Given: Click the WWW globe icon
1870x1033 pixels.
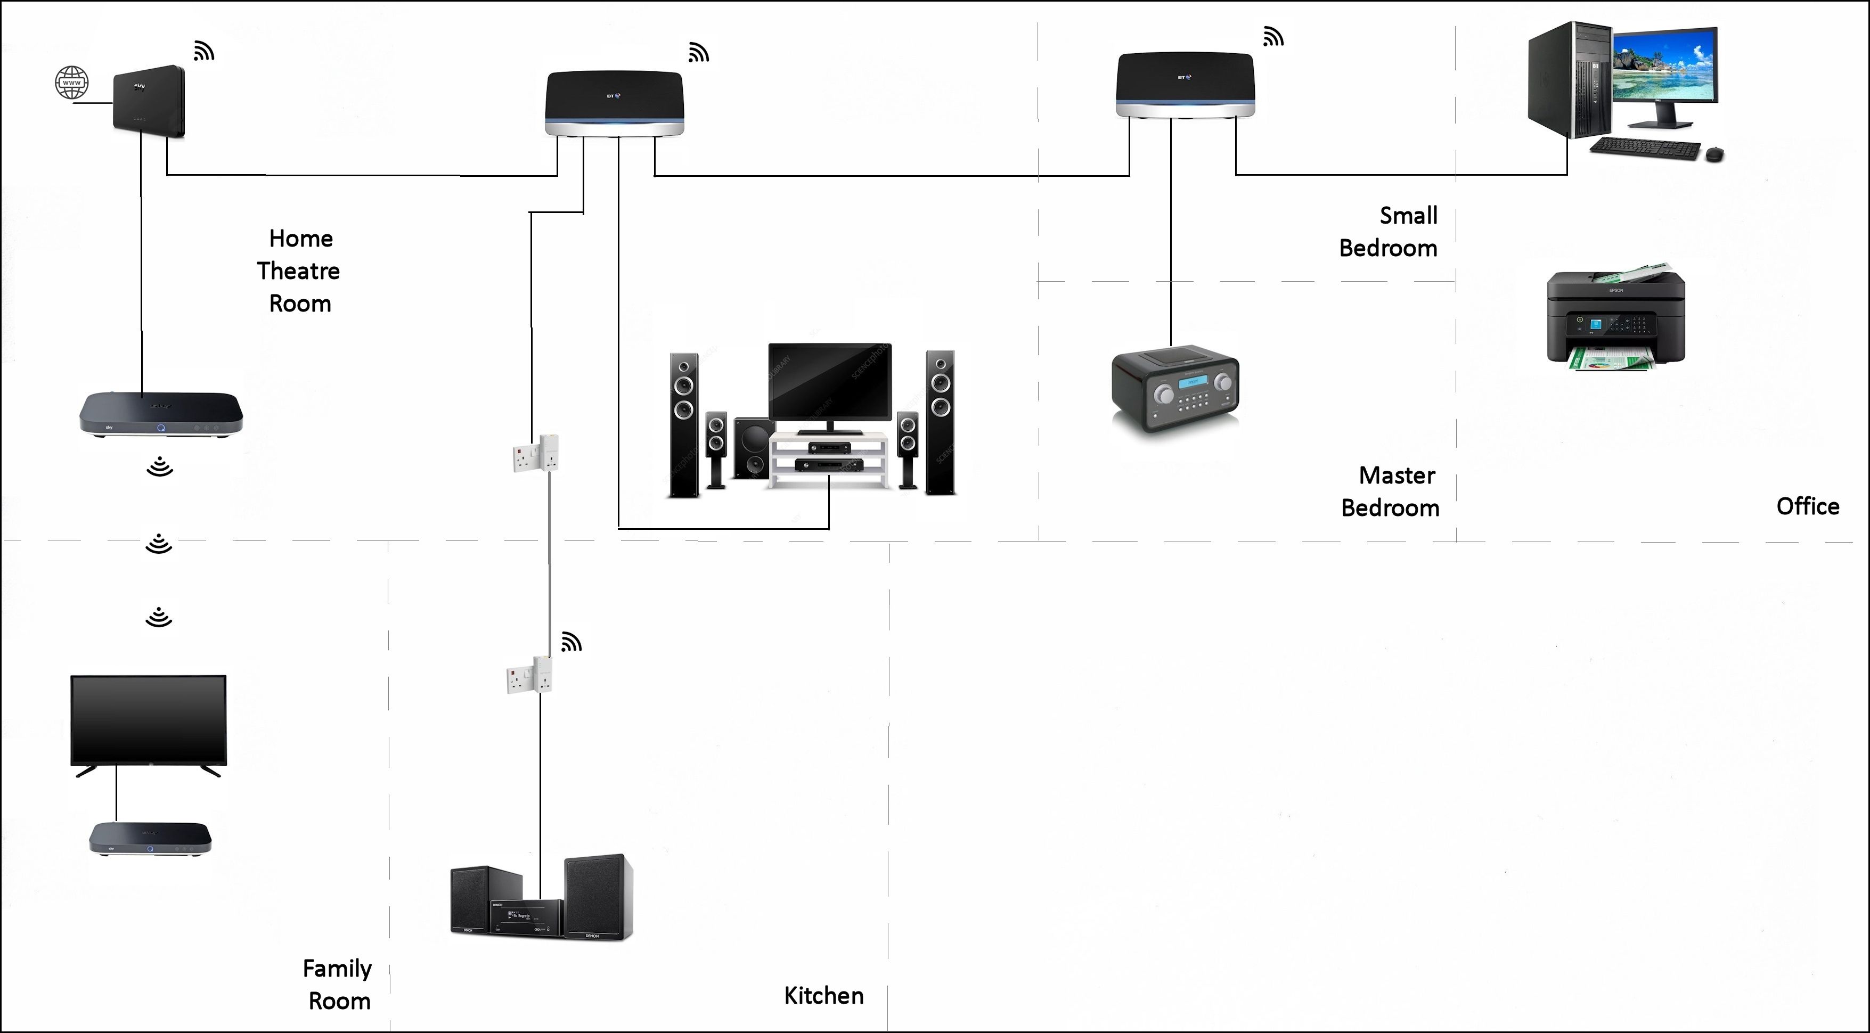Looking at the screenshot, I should pos(72,83).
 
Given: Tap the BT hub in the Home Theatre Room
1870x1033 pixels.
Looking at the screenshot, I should pos(614,103).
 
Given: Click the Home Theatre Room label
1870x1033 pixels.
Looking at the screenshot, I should pos(299,271).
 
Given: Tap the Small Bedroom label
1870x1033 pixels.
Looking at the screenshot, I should pos(1388,232).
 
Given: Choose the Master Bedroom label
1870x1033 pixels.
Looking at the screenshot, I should pos(1390,491).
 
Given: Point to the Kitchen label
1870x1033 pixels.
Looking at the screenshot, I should pos(824,995).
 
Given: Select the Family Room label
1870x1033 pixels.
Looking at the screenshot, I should pos(338,985).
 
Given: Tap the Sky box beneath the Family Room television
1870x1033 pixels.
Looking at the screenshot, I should pos(150,839).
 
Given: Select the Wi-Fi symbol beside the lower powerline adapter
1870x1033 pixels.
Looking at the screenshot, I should pos(571,643).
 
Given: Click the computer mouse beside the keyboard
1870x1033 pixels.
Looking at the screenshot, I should pos(1714,154).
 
